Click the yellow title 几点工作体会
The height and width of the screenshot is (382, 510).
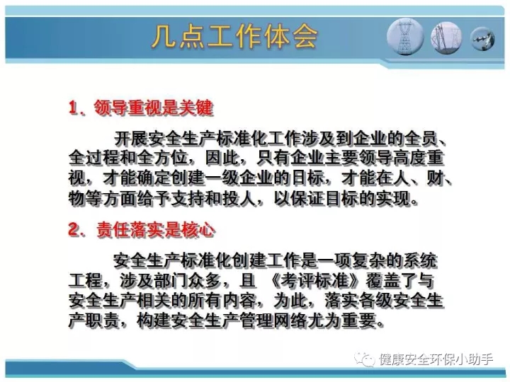(x=235, y=36)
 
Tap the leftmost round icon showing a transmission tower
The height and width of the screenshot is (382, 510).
(x=405, y=36)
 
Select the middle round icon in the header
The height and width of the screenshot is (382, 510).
(x=446, y=37)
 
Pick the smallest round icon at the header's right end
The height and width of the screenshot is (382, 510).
(x=482, y=39)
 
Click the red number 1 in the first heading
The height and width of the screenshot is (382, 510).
(x=73, y=108)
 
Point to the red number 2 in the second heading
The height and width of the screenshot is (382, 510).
(x=74, y=229)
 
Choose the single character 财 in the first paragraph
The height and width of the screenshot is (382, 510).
(x=435, y=178)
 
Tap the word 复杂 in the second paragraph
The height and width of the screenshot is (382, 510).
(x=368, y=260)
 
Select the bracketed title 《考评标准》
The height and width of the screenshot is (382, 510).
(x=314, y=281)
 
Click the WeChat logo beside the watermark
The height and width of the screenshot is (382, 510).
(x=365, y=359)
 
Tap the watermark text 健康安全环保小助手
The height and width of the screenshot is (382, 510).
(x=436, y=359)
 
